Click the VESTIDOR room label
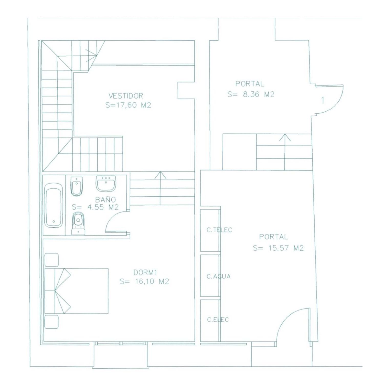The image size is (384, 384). [x=126, y=96]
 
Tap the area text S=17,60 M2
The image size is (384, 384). [x=128, y=105]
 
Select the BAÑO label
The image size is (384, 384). [x=105, y=199]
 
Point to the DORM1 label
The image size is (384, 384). [x=145, y=272]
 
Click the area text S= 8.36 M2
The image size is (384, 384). [x=251, y=94]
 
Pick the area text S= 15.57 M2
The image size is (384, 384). [x=278, y=248]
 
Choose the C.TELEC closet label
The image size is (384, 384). [x=219, y=230]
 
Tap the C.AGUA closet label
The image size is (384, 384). [x=219, y=276]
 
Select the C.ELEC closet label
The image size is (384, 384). [x=218, y=319]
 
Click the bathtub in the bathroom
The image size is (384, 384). [x=54, y=205]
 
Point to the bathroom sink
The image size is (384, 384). [x=106, y=183]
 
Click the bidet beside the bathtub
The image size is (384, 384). [x=76, y=186]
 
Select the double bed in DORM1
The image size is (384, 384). [x=77, y=291]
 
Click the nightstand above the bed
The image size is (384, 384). [x=51, y=260]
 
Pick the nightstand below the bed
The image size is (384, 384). [x=51, y=322]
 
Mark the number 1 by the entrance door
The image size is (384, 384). [x=323, y=100]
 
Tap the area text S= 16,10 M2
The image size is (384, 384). [x=145, y=282]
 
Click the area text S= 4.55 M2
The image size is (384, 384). [x=95, y=207]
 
